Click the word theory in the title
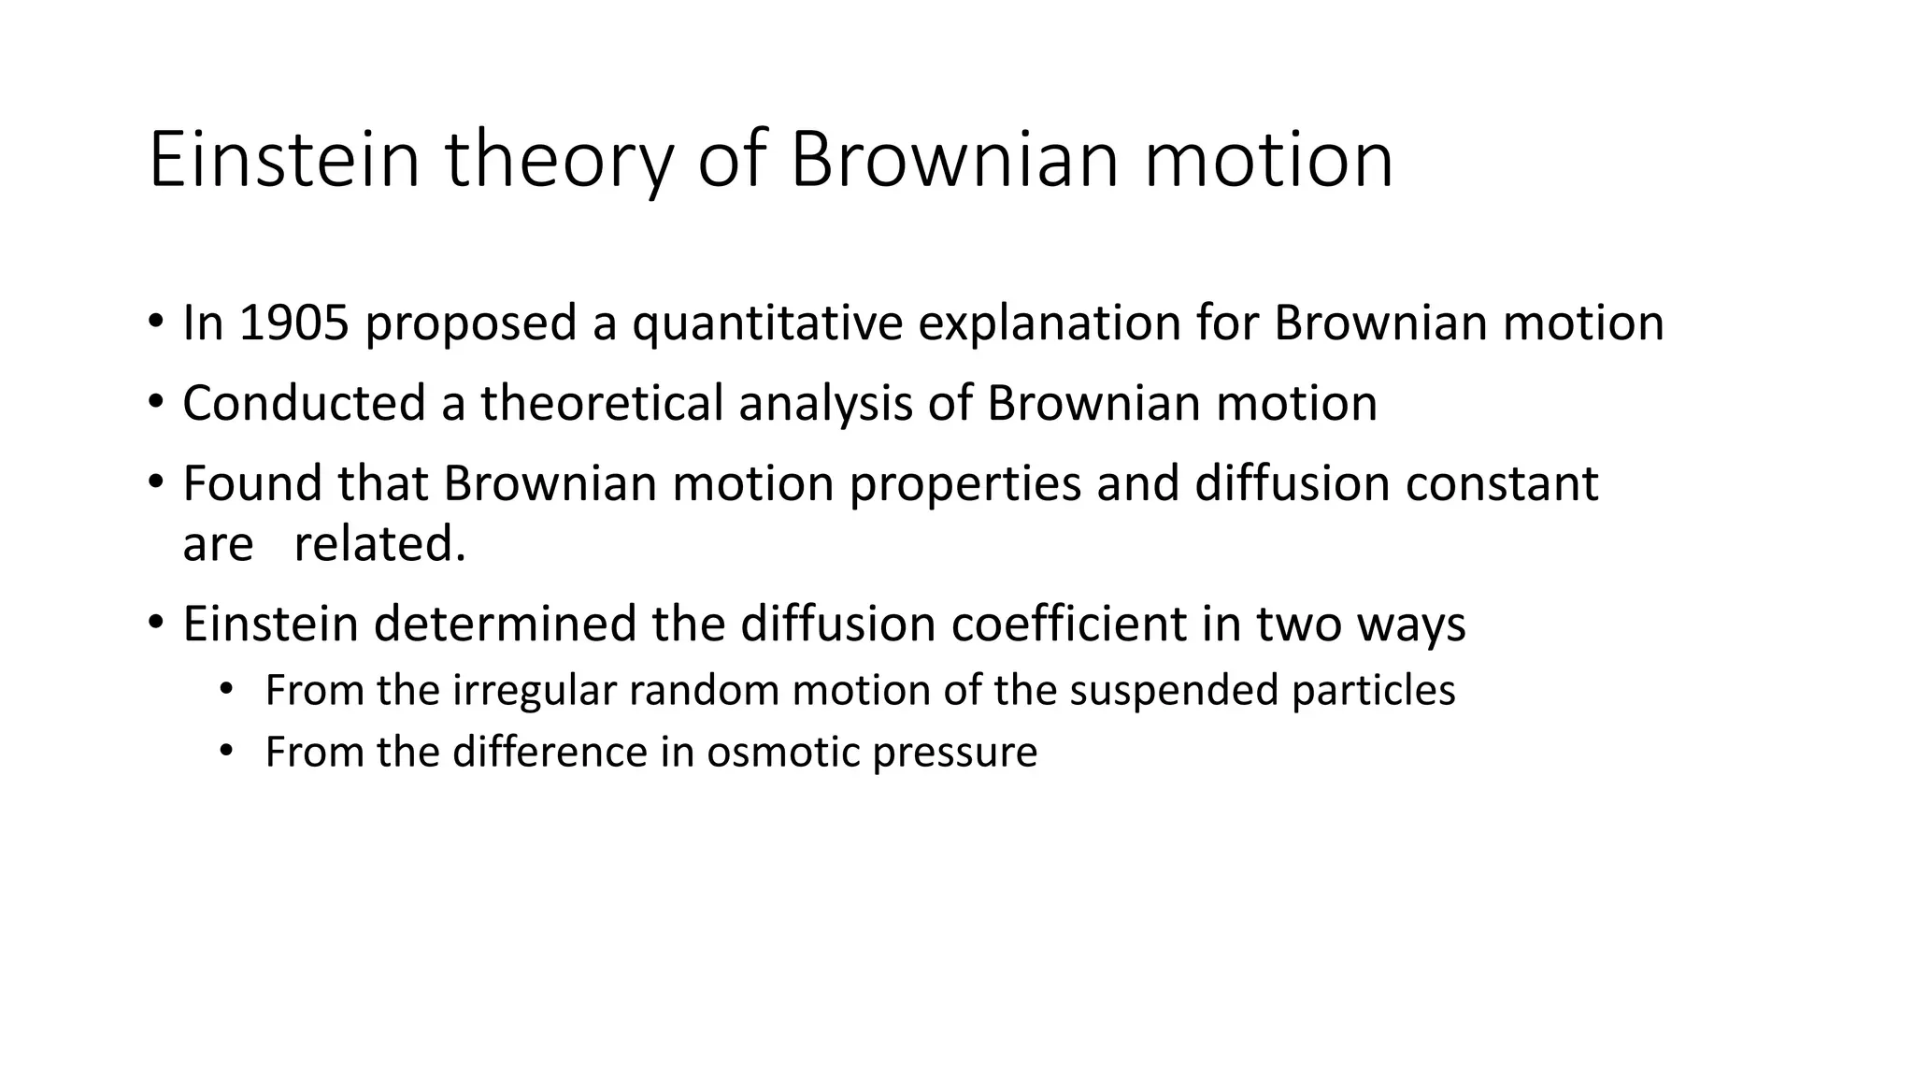(x=558, y=161)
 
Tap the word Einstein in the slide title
(x=284, y=161)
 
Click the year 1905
(x=293, y=323)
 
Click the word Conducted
(x=305, y=404)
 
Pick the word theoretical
(x=603, y=404)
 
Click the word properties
(x=964, y=484)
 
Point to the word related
(x=379, y=544)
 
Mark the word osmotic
(x=782, y=753)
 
